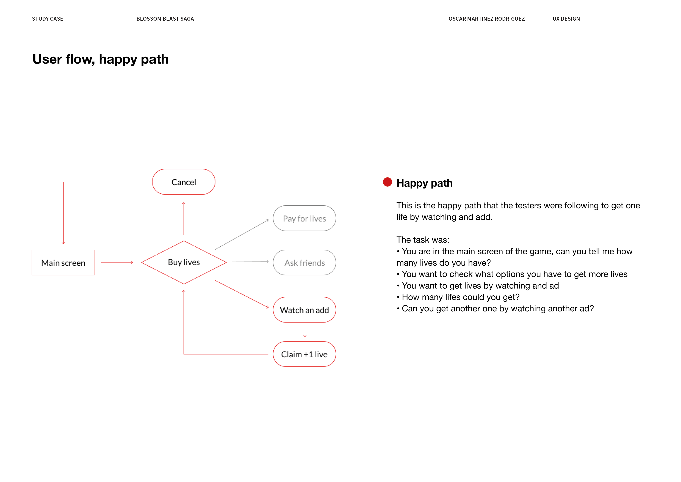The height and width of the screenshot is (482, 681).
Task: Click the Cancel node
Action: tap(184, 182)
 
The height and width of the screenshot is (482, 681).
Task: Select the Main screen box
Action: tap(63, 263)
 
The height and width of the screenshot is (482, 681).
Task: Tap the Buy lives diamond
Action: tap(184, 262)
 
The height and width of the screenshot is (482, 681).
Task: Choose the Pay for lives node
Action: tap(304, 218)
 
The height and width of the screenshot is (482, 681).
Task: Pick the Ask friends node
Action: tap(304, 263)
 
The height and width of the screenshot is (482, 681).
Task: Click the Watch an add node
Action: tap(304, 310)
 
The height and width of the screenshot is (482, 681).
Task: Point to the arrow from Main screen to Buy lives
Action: tap(117, 262)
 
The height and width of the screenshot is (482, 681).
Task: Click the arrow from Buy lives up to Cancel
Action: tap(184, 218)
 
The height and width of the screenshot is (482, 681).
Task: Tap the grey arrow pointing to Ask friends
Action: tap(250, 262)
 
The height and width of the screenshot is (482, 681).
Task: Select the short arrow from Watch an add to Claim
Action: tap(305, 331)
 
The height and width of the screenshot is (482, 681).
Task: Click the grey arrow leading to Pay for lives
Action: tap(242, 234)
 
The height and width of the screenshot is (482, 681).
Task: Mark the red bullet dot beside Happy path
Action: tap(387, 182)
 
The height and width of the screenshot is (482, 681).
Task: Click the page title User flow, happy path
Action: tap(101, 59)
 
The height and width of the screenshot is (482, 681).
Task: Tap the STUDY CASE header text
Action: tap(48, 19)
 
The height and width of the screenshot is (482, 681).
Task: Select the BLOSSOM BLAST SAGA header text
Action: tap(165, 19)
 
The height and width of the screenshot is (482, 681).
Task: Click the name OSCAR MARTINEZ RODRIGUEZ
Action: tap(486, 19)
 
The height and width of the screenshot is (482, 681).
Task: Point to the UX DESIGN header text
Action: tap(566, 19)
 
